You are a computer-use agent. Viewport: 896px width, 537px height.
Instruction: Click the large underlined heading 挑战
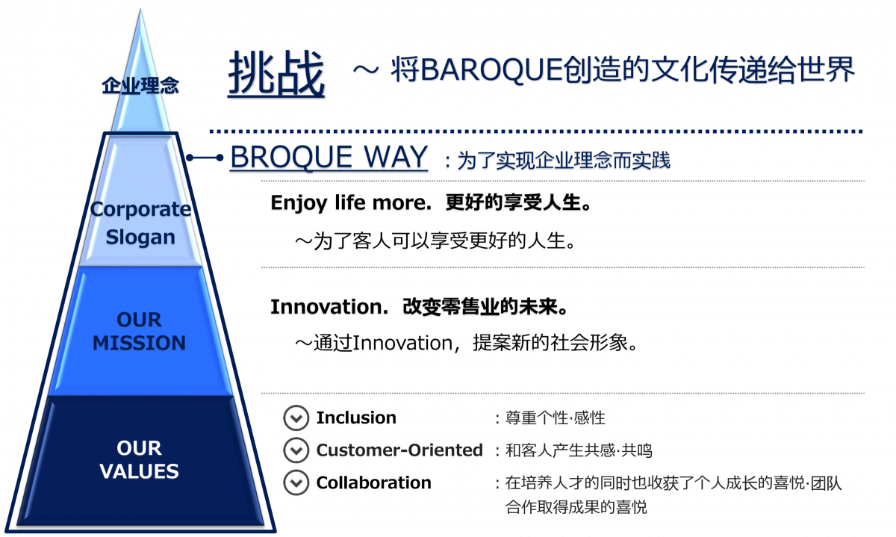276,75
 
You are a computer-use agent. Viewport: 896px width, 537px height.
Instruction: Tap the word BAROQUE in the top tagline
491,70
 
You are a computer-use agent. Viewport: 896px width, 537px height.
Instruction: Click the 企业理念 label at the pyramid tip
140,86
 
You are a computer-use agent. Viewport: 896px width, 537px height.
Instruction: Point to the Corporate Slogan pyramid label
140,223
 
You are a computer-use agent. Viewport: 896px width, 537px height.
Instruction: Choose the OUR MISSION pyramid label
139,332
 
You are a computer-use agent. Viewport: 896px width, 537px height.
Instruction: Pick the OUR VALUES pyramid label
139,459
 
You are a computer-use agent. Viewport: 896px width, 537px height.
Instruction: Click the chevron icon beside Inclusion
296,418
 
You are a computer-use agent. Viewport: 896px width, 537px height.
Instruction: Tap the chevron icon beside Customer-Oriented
296,450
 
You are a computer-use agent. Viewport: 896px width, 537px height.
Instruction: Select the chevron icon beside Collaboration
296,482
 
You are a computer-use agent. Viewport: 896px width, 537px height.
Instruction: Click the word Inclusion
356,418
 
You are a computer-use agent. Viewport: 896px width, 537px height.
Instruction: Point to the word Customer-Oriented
399,450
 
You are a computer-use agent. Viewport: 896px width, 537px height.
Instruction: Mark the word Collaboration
373,482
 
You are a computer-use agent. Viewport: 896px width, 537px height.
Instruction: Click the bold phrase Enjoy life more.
351,203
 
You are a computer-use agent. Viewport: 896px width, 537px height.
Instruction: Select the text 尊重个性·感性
556,418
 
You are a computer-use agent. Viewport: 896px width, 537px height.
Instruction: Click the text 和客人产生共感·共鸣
579,450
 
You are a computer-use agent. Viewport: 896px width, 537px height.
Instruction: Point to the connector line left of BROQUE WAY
205,158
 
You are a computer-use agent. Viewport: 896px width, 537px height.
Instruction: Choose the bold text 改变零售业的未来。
485,307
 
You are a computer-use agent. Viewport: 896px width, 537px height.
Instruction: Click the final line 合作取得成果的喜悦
576,507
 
